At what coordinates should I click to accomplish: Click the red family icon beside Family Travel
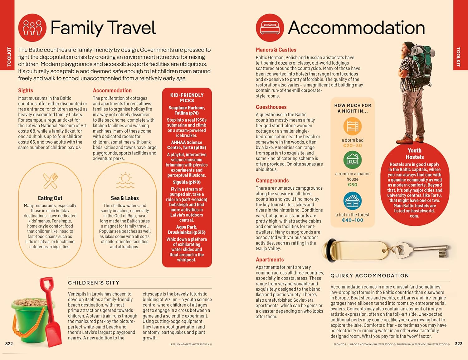[32, 28]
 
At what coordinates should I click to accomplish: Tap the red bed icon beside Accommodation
[270, 28]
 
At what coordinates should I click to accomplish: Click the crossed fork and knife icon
[50, 181]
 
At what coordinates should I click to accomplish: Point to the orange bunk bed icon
[352, 127]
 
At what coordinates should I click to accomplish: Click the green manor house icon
[352, 160]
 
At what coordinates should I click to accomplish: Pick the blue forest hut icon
[352, 201]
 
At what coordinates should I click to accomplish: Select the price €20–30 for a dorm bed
[353, 146]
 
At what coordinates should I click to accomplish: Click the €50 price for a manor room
[353, 185]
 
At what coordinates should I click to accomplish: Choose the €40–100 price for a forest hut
[353, 220]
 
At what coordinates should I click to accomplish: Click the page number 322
[9, 343]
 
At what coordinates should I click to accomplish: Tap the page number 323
[458, 343]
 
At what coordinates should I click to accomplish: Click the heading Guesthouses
[271, 107]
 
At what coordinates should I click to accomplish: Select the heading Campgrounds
[272, 181]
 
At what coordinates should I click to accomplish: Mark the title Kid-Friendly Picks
[187, 98]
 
